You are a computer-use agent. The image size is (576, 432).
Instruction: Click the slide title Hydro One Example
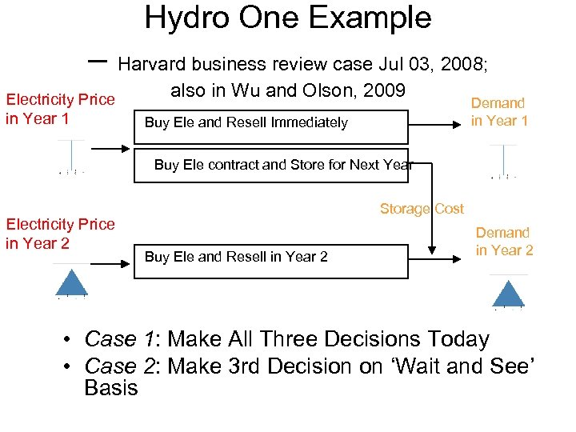tap(287, 18)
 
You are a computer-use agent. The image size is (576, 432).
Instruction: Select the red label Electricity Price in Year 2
tap(60, 234)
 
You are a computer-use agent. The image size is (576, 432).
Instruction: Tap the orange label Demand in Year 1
tap(498, 112)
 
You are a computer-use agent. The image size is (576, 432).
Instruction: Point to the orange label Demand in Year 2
tap(503, 241)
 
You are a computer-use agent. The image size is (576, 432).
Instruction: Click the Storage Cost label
tap(421, 209)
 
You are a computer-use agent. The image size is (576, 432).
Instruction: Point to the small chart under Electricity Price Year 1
tap(72, 157)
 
